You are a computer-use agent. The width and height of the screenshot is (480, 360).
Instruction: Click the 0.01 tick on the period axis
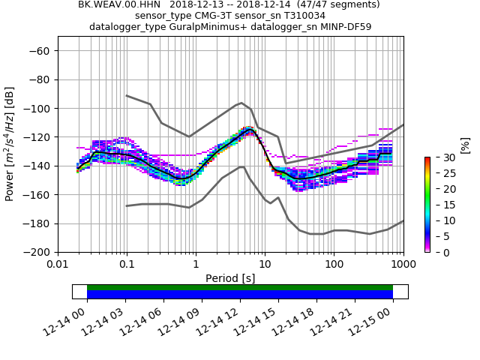[58, 264]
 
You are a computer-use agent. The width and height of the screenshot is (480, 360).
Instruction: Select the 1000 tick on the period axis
[403, 264]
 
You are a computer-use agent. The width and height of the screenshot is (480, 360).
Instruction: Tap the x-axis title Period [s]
[230, 277]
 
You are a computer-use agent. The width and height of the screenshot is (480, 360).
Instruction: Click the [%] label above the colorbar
[464, 145]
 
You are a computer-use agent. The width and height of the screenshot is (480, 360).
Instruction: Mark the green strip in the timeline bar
[240, 287]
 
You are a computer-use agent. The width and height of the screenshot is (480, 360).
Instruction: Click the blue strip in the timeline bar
[240, 295]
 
